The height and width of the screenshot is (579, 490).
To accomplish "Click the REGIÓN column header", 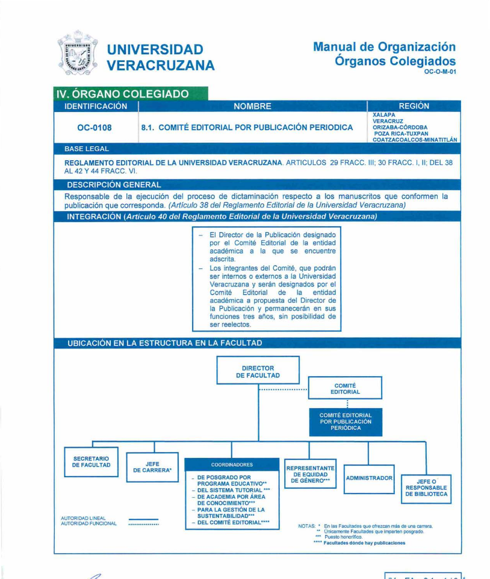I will [414, 107].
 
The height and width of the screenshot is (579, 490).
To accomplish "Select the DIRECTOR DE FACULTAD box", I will [258, 372].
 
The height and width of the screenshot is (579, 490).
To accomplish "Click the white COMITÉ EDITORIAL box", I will [345, 388].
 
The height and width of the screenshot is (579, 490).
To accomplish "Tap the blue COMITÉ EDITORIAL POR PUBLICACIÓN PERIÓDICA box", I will [346, 422].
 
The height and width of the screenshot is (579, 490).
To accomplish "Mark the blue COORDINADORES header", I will [232, 465].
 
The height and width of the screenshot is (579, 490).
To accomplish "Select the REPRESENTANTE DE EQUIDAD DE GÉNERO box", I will [309, 474].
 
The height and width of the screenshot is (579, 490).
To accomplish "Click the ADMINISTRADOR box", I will [369, 478].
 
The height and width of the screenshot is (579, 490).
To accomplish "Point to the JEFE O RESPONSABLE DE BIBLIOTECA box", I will [426, 487].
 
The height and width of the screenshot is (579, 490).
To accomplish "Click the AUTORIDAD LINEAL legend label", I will [83, 518].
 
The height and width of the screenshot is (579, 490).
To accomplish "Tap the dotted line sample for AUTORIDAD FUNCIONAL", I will [143, 524].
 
